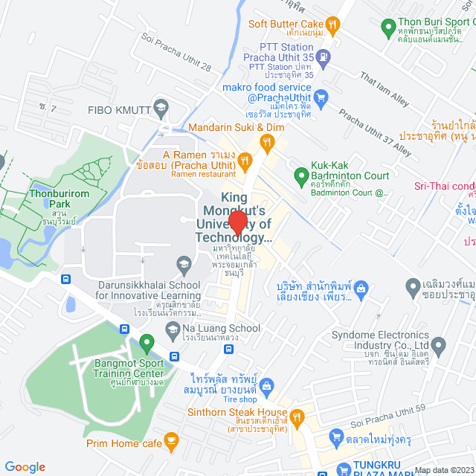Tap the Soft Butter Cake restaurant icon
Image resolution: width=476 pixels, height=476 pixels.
pyautogui.click(x=333, y=24)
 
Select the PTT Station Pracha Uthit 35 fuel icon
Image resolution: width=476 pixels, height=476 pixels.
pyautogui.click(x=324, y=57)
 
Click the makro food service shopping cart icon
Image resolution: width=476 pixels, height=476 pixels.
pyautogui.click(x=321, y=96)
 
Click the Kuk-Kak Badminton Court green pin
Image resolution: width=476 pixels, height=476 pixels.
pyautogui.click(x=301, y=176)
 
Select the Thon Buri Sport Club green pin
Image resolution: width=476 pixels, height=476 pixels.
pyautogui.click(x=387, y=29)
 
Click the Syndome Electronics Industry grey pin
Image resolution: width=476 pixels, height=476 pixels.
pyautogui.click(x=439, y=345)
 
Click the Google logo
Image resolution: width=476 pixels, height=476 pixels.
pyautogui.click(x=25, y=466)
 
